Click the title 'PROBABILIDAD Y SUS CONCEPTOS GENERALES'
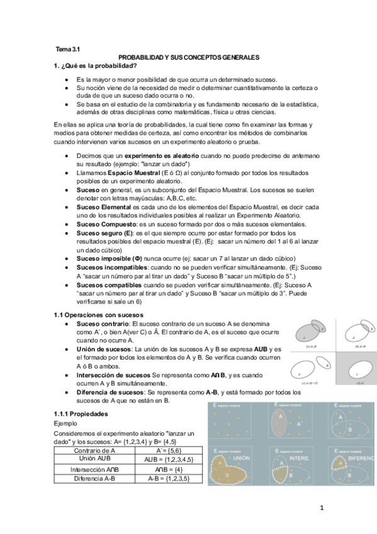[x=189, y=57]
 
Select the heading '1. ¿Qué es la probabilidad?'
[x=96, y=66]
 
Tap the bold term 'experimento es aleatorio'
[x=162, y=155]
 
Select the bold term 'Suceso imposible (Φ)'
[x=104, y=258]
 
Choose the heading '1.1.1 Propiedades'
[x=81, y=414]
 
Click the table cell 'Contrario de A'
[x=94, y=450]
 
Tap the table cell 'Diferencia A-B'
[x=94, y=479]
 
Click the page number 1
[x=321, y=508]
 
